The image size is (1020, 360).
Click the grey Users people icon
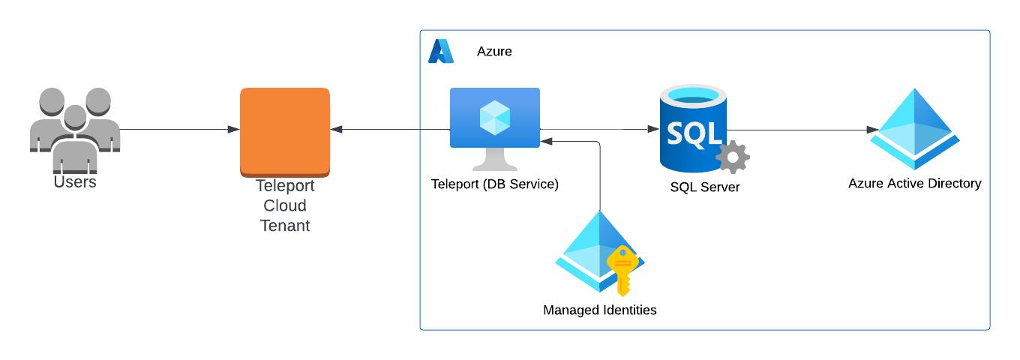(74, 124)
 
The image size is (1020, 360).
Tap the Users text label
(75, 181)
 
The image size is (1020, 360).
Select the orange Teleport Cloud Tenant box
(285, 131)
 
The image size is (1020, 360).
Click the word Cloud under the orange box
(285, 205)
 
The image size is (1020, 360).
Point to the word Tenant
(285, 225)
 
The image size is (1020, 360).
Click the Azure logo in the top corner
(441, 51)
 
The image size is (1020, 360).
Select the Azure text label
(494, 52)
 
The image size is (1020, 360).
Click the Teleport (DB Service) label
(495, 184)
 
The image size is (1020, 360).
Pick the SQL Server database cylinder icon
(692, 127)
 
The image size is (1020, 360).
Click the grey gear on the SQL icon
(732, 156)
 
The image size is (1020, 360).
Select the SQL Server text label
(705, 187)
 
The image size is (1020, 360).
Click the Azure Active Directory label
(915, 183)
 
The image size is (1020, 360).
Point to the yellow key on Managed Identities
(622, 270)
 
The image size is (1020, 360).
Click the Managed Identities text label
(600, 310)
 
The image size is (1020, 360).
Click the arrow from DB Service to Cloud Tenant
(390, 130)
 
